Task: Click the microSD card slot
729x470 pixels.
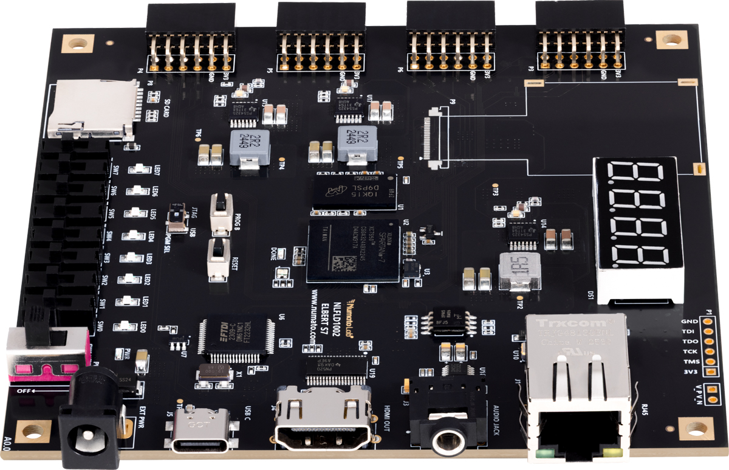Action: pos(91,109)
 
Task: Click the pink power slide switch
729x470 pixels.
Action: pos(46,359)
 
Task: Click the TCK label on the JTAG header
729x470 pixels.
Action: pos(689,351)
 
